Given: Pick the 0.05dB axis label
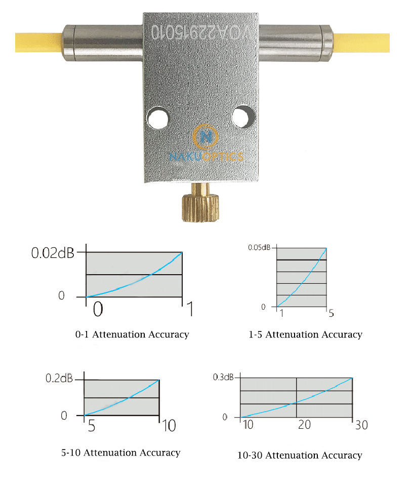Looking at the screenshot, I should tap(259, 247).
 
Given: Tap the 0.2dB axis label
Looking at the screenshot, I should tap(60, 379).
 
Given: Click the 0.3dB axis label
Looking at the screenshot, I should tap(223, 377).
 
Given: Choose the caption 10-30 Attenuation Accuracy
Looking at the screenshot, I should tap(300, 455).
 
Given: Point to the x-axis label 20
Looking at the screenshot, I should tap(304, 425).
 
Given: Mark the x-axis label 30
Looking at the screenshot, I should tap(361, 425).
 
